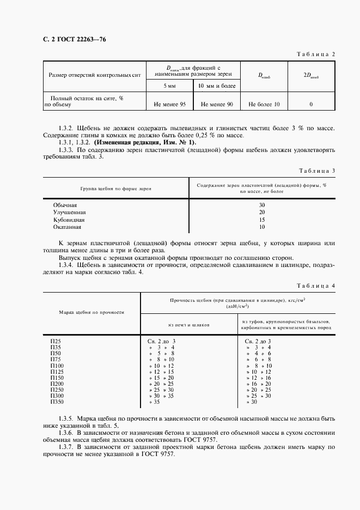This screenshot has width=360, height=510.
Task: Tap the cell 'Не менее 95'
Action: click(x=170, y=104)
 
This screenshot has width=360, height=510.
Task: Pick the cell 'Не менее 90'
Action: click(x=217, y=104)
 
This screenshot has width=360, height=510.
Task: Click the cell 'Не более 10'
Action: click(x=264, y=104)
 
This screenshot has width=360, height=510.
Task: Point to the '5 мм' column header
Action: click(x=170, y=87)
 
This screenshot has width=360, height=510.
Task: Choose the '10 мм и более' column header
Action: click(x=217, y=87)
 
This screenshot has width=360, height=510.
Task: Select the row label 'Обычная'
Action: click(x=65, y=205)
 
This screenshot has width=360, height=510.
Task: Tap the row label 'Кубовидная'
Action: click(x=69, y=220)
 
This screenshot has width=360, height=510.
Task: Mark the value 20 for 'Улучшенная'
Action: click(x=261, y=212)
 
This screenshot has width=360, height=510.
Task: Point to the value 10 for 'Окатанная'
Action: click(x=261, y=227)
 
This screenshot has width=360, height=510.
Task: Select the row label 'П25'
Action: click(x=56, y=341)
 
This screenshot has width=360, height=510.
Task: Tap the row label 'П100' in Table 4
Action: click(x=57, y=366)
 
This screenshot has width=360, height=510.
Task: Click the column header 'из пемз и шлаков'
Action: click(x=188, y=324)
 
